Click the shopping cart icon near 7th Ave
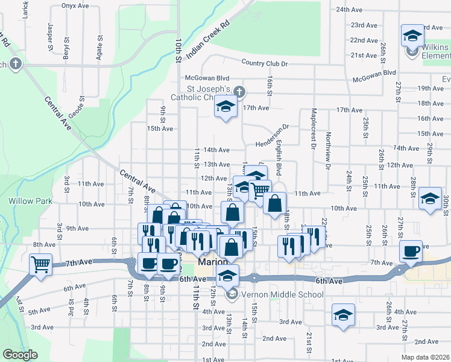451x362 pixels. coord(41,264)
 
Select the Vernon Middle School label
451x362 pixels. coord(274,294)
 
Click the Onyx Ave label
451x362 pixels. coord(75,5)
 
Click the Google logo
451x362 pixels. coord(20,355)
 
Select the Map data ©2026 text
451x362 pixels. coord(424,357)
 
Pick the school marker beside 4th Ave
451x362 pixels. coord(343,314)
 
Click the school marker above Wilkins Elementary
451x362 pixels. coord(412,36)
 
